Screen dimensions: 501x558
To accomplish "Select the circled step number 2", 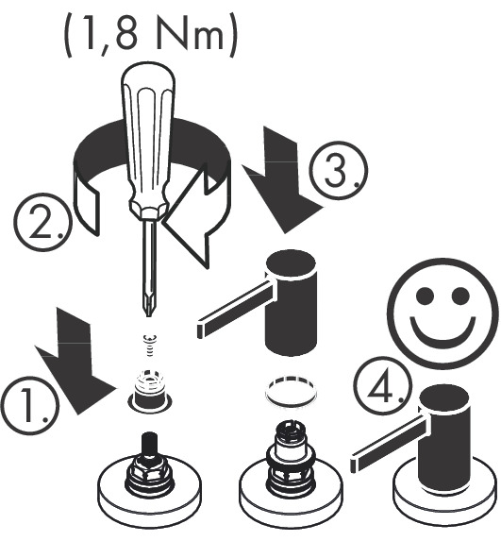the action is point(43,222).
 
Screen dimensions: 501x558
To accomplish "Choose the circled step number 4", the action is point(382,386).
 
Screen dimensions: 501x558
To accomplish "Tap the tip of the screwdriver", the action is point(147,313).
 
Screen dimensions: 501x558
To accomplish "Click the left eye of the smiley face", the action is point(426,295).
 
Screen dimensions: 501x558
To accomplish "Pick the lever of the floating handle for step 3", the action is point(235,309).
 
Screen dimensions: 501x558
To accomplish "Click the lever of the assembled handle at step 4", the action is point(389,442).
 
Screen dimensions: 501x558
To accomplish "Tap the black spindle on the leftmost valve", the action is point(150,444).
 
